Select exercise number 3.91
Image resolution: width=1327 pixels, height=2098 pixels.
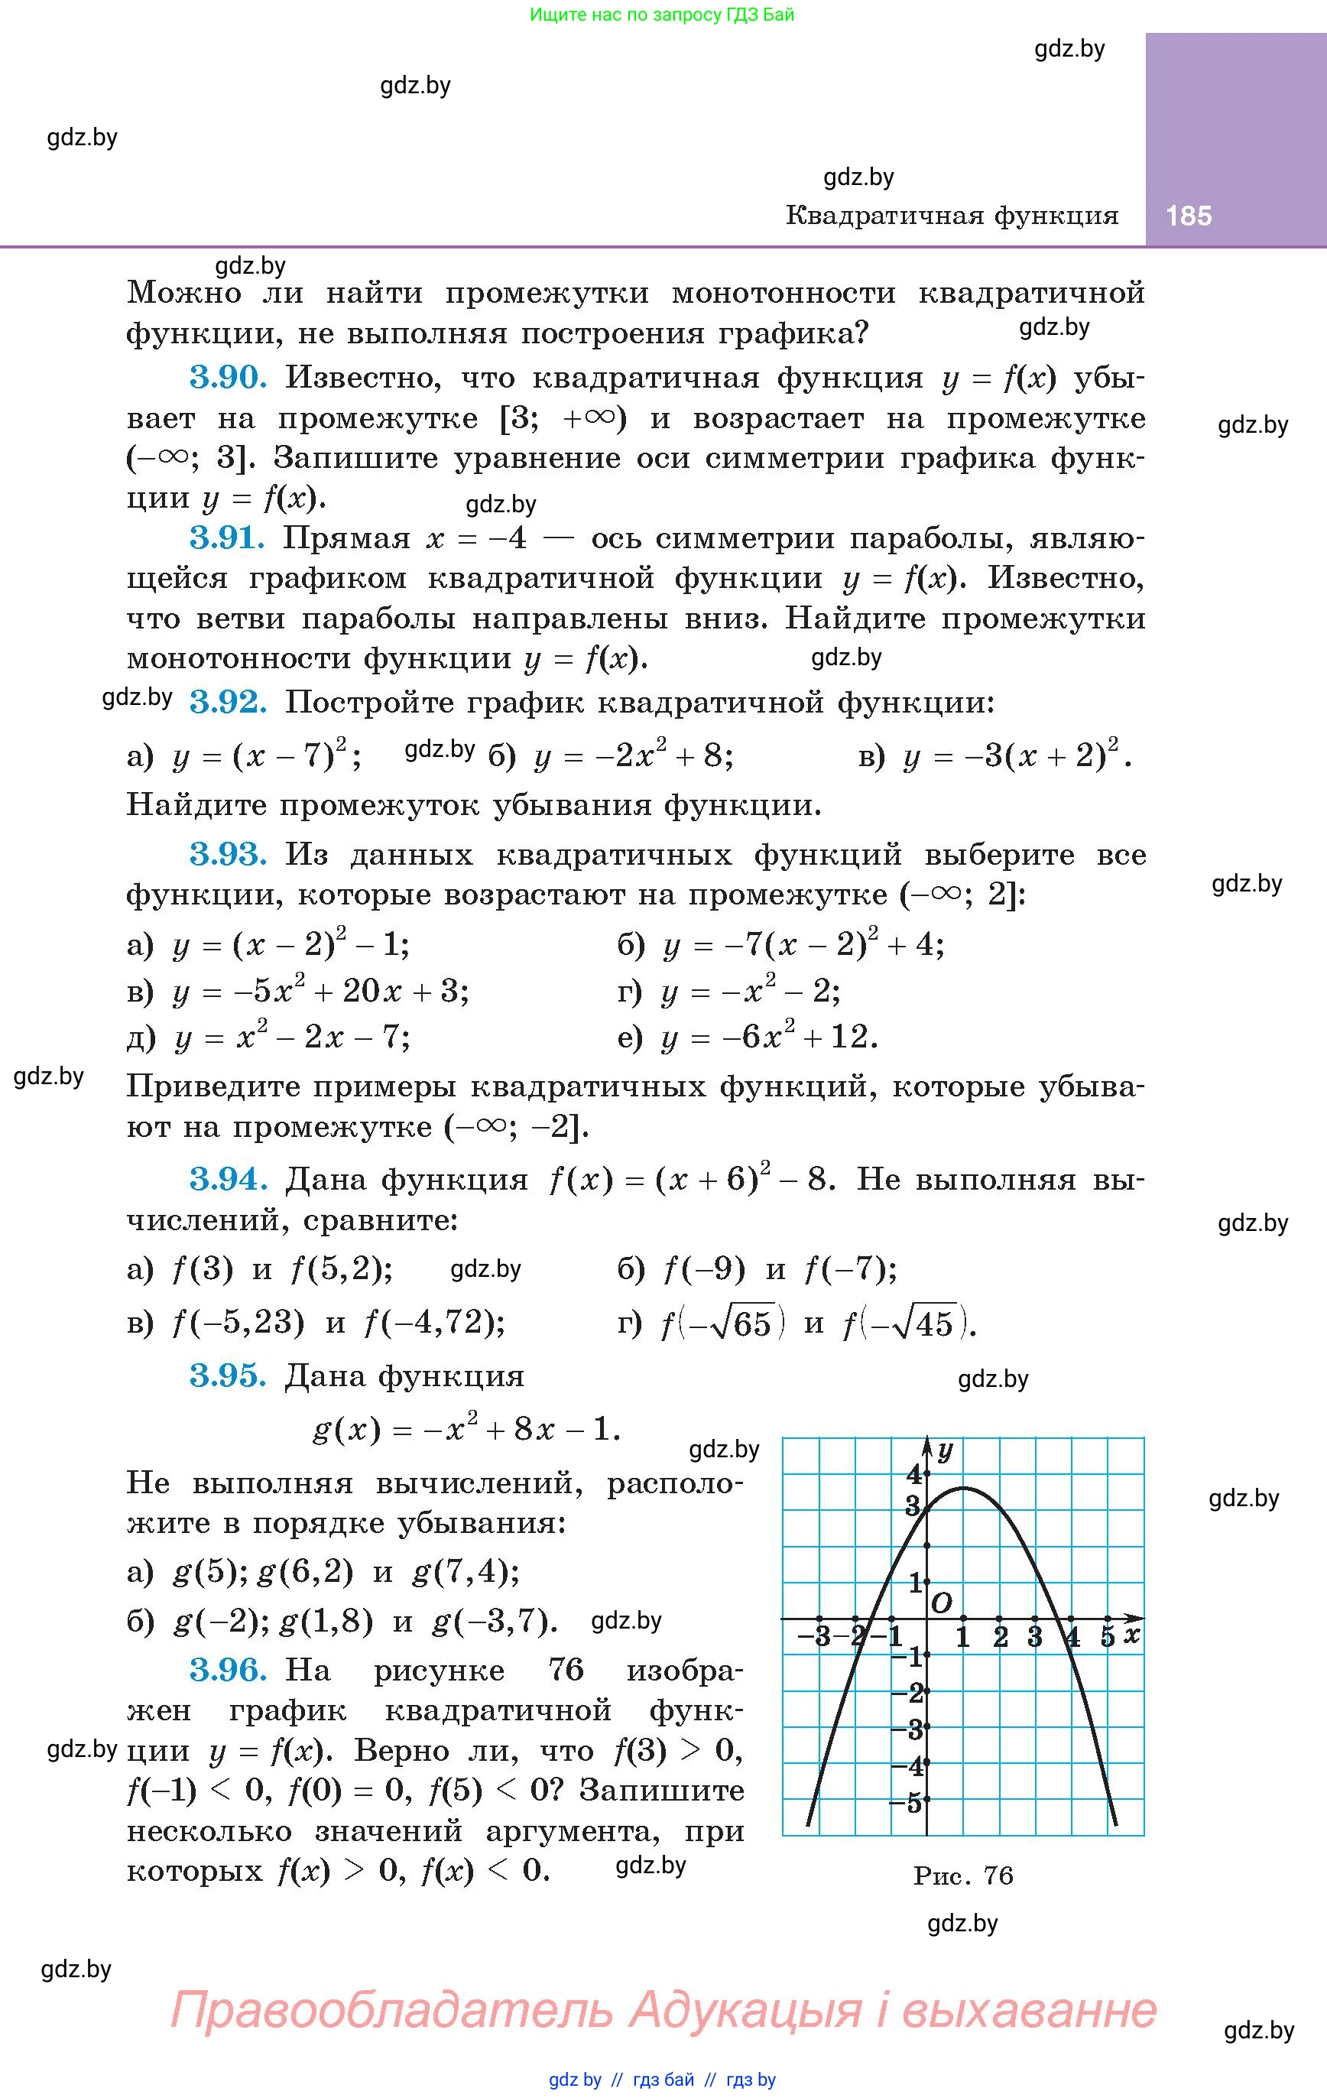[x=226, y=538]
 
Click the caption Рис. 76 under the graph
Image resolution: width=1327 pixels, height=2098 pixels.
[x=963, y=1875]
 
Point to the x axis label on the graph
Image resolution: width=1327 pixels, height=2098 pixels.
[x=1131, y=1635]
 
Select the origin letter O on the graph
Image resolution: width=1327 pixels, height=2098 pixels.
[x=941, y=1603]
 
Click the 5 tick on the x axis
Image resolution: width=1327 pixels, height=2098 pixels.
[x=1108, y=1637]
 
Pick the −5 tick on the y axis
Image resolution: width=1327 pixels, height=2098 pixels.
[x=906, y=1802]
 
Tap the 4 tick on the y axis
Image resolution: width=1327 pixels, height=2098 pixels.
[x=913, y=1474]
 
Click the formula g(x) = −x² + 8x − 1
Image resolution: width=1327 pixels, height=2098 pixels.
[x=466, y=1430]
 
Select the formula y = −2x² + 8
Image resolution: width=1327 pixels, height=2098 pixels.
[x=634, y=756]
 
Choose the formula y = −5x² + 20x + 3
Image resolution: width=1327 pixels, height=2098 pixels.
[x=320, y=992]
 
